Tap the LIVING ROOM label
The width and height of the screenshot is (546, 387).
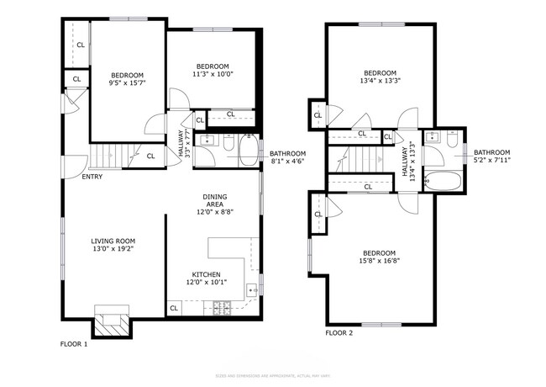[x=113, y=244]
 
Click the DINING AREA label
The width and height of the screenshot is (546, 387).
[x=214, y=204]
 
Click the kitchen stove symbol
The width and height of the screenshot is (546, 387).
[x=224, y=310]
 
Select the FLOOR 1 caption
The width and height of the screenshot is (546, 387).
[x=74, y=344]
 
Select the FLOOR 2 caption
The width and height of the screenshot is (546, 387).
[x=339, y=333]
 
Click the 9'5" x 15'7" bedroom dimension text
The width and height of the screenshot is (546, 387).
[x=127, y=83]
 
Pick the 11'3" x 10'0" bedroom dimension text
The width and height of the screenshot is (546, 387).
[x=214, y=73]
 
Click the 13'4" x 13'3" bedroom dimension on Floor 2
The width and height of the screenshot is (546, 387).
[x=380, y=81]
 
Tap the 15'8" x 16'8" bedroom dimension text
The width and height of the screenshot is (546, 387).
[x=381, y=260]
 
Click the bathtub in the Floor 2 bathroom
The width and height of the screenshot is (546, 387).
[x=442, y=182]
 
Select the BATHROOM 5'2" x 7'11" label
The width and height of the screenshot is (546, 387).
[x=491, y=156]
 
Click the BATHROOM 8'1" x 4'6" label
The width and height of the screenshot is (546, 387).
[x=287, y=157]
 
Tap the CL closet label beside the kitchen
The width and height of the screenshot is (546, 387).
[x=174, y=308]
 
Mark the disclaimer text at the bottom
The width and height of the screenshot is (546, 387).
[x=273, y=375]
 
